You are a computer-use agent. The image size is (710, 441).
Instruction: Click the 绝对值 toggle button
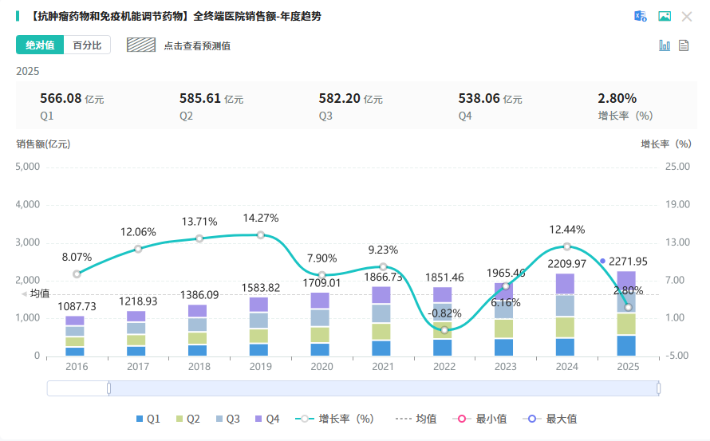(x=40, y=45)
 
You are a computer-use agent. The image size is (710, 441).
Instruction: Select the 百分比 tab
(x=87, y=45)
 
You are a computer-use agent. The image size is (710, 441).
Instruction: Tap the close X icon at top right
(x=687, y=17)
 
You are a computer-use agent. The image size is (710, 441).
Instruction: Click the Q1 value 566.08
(x=61, y=99)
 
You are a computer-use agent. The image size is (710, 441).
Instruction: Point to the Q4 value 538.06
(x=479, y=99)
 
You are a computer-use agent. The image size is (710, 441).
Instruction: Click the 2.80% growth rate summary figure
(x=617, y=99)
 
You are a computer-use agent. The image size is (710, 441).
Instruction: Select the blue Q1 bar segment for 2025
(x=626, y=345)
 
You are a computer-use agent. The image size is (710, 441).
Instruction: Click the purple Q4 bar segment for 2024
(x=565, y=284)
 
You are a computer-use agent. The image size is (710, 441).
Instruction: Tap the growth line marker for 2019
(x=260, y=234)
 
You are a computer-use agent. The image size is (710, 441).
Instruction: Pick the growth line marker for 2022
(x=444, y=329)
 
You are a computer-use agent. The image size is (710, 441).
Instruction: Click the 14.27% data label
(x=261, y=218)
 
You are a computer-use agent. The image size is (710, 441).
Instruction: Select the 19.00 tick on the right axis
(x=677, y=204)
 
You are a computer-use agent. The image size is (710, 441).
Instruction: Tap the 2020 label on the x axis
(x=321, y=367)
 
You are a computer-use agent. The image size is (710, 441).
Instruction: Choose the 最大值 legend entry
(x=553, y=419)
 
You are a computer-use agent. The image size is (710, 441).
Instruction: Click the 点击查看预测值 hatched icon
(x=141, y=45)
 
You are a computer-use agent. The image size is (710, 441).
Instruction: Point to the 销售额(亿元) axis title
(x=43, y=144)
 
